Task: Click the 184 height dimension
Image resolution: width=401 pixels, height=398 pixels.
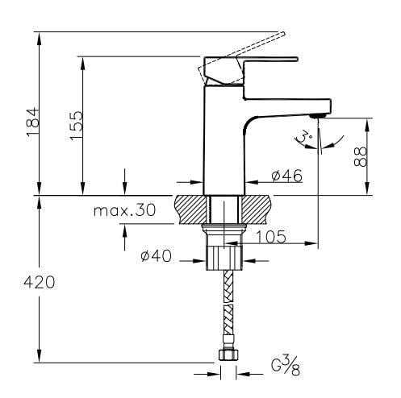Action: click(x=33, y=122)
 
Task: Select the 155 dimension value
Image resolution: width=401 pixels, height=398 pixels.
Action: click(x=76, y=126)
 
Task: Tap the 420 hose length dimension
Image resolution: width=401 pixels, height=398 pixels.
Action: click(x=40, y=282)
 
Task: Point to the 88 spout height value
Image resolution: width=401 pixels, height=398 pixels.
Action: click(x=361, y=156)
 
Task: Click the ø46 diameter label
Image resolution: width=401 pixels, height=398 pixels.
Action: click(x=287, y=176)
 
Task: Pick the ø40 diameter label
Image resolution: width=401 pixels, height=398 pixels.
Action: click(x=156, y=255)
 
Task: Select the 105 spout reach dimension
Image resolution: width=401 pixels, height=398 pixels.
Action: click(x=270, y=237)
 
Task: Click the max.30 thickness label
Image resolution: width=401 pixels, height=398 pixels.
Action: click(x=124, y=210)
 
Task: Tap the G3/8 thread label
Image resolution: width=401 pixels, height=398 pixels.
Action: click(x=285, y=365)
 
